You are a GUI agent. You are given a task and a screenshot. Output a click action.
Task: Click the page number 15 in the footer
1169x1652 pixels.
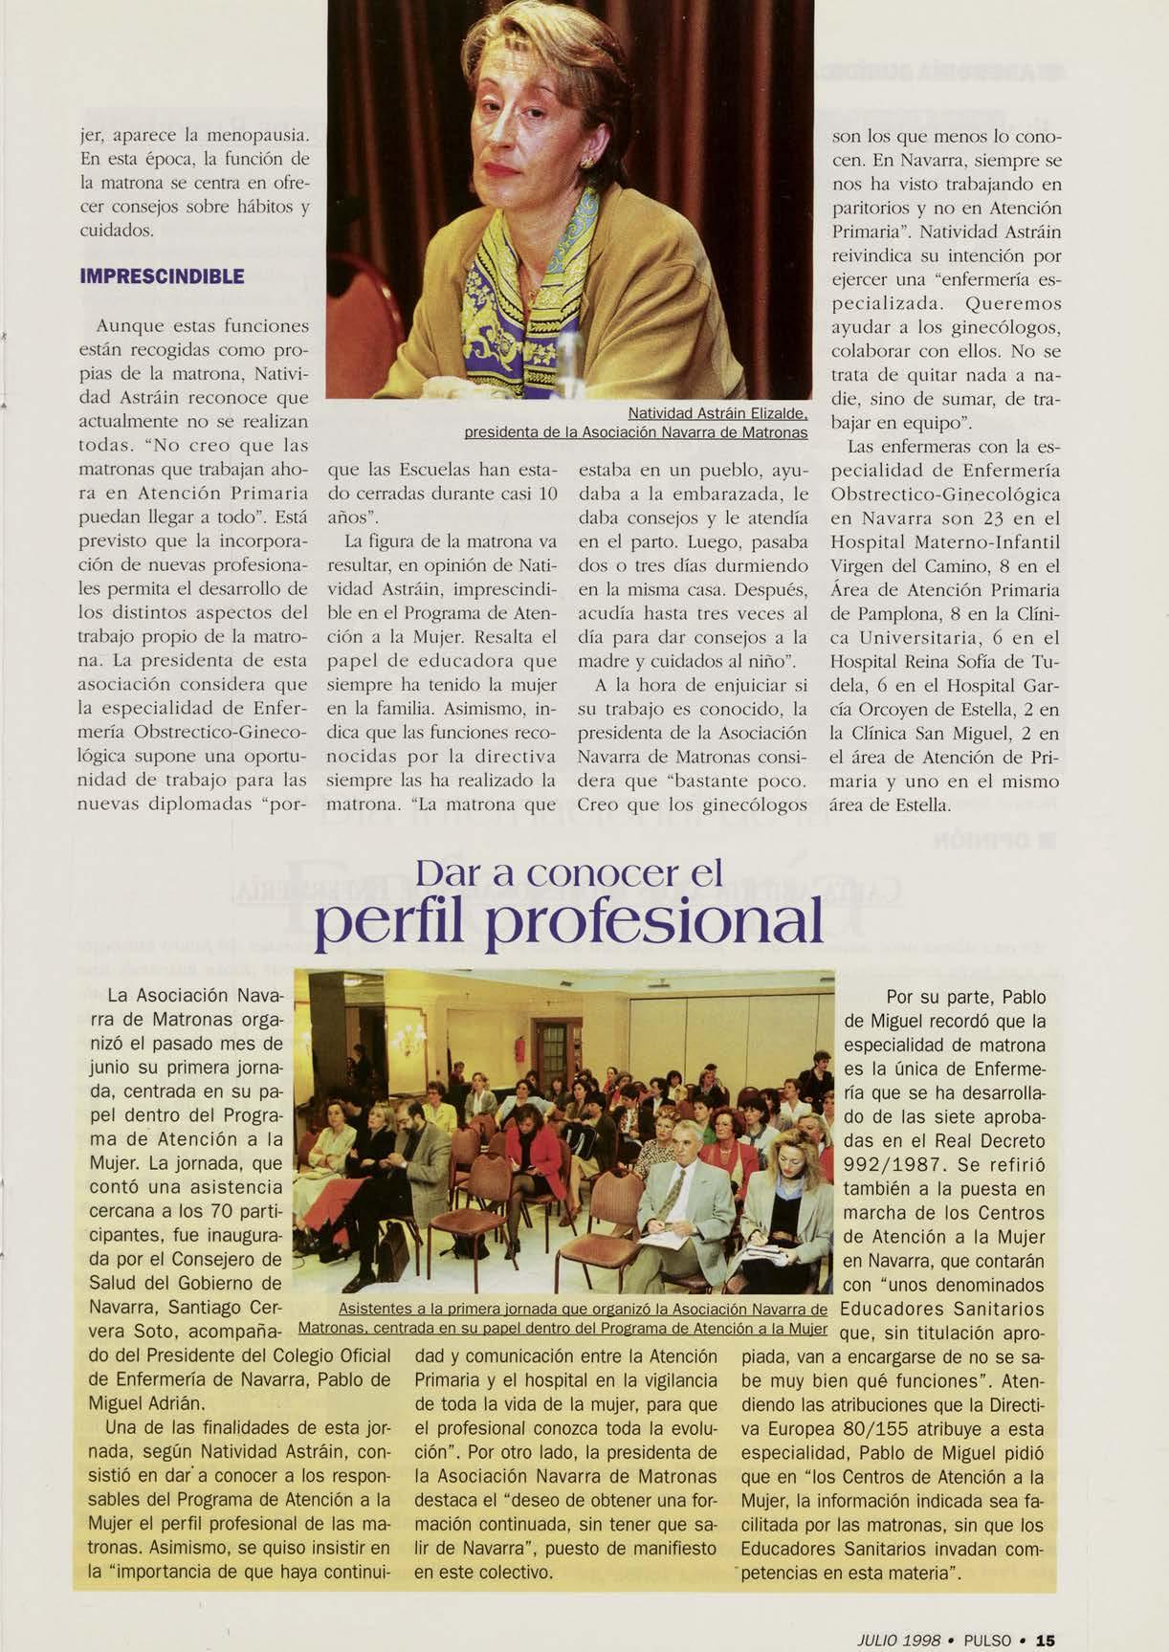(1045, 1613)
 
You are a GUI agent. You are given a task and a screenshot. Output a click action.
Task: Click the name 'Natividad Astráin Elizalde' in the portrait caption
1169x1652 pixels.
(719, 414)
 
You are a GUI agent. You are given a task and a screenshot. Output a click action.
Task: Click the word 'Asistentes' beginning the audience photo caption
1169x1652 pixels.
(375, 1310)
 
